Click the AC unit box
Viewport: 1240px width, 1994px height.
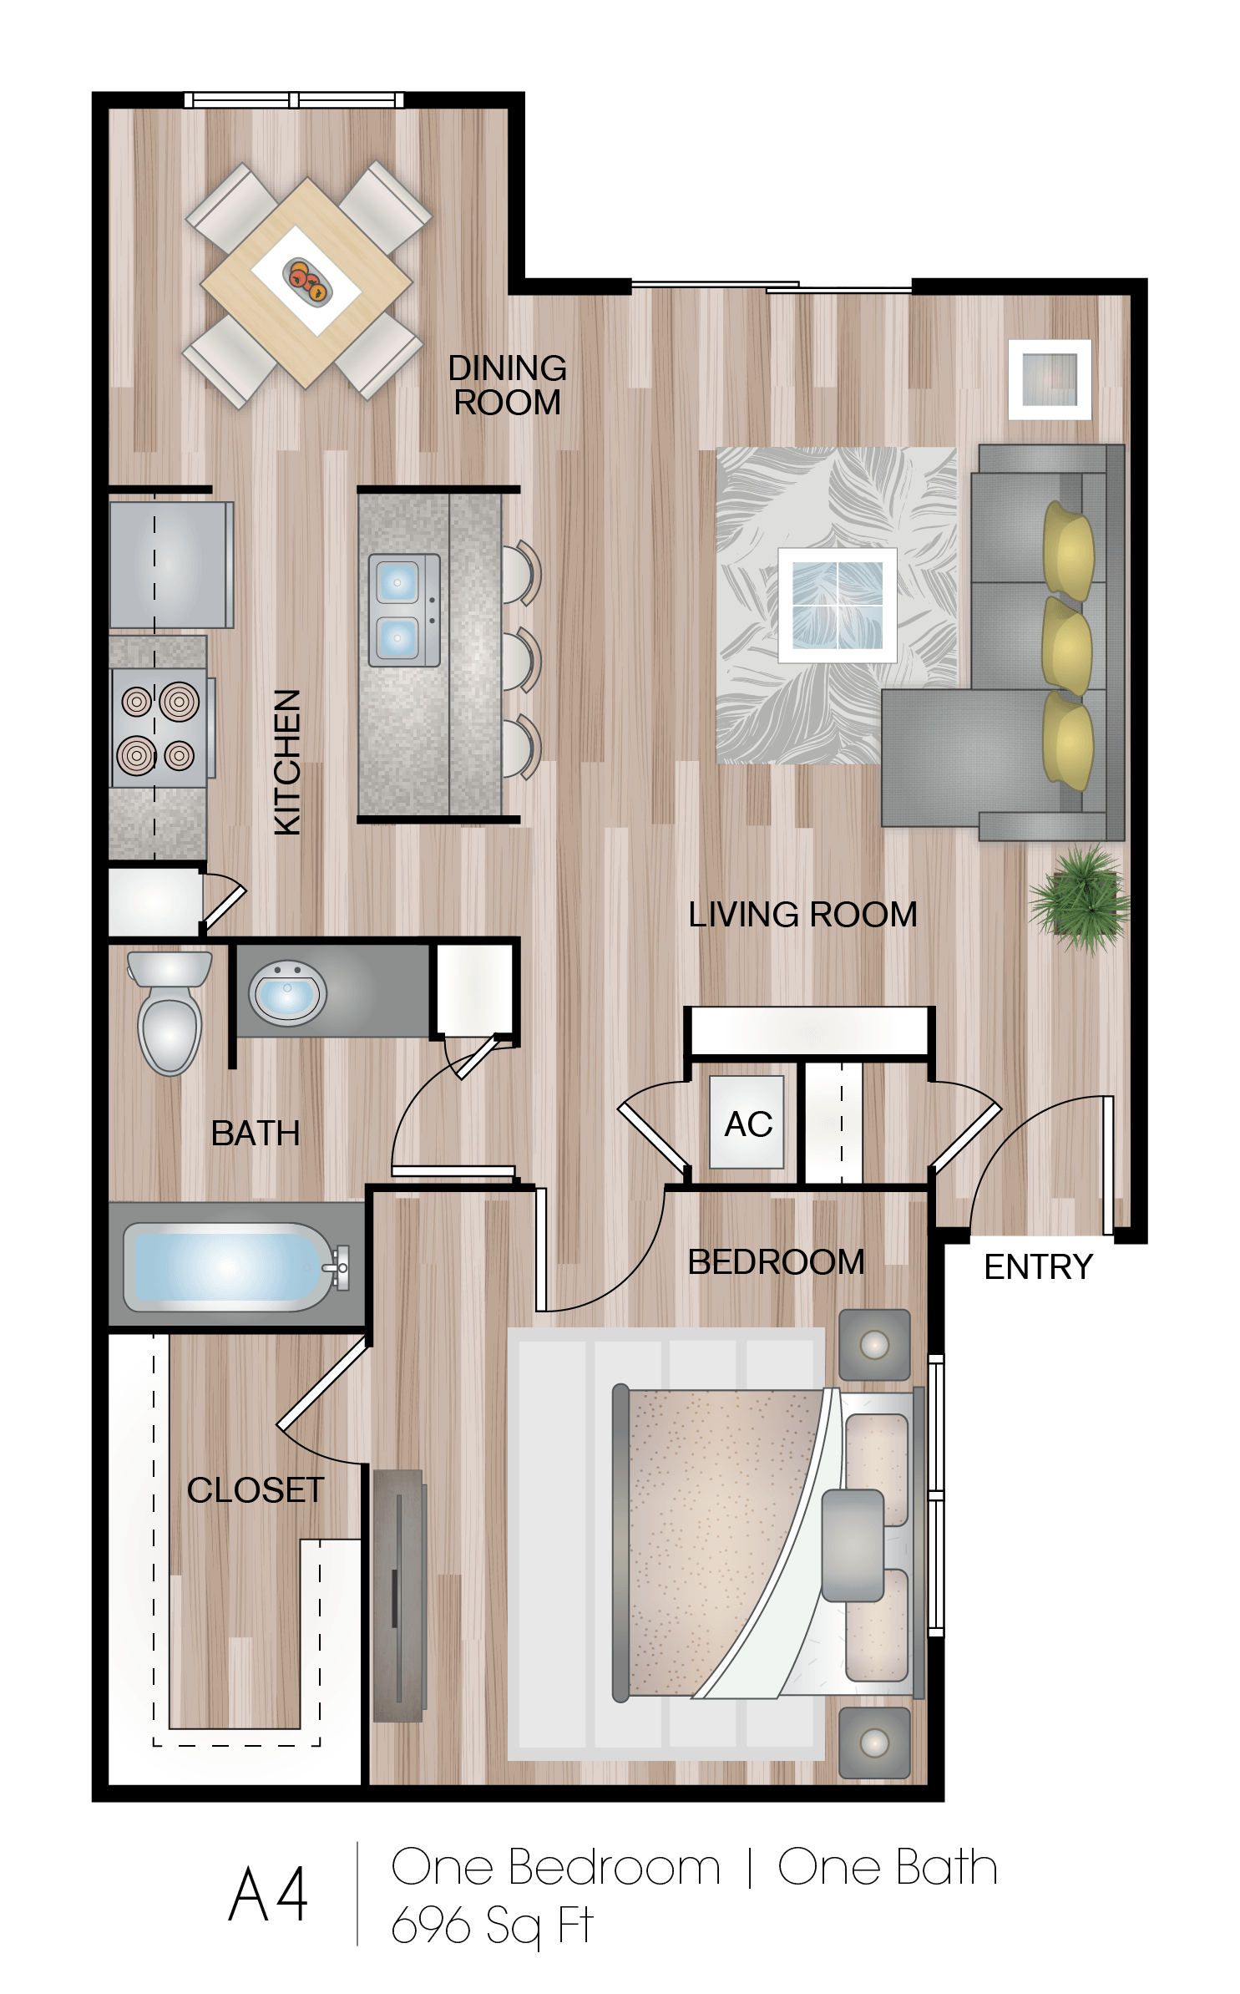click(747, 1122)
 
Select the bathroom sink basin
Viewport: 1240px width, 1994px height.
click(286, 994)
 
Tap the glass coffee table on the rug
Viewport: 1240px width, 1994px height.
click(837, 606)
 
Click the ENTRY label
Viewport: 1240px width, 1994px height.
click(1038, 1267)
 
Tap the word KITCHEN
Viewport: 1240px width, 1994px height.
click(287, 761)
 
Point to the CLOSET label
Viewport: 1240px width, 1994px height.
click(256, 1490)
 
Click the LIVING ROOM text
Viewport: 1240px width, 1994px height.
click(802, 915)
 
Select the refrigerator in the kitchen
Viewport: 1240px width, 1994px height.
click(171, 564)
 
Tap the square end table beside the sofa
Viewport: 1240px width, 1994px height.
click(1050, 379)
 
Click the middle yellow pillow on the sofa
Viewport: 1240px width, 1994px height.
click(1067, 646)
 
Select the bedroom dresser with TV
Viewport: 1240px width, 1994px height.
click(398, 1596)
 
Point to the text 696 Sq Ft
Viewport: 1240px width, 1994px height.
click(492, 1926)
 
